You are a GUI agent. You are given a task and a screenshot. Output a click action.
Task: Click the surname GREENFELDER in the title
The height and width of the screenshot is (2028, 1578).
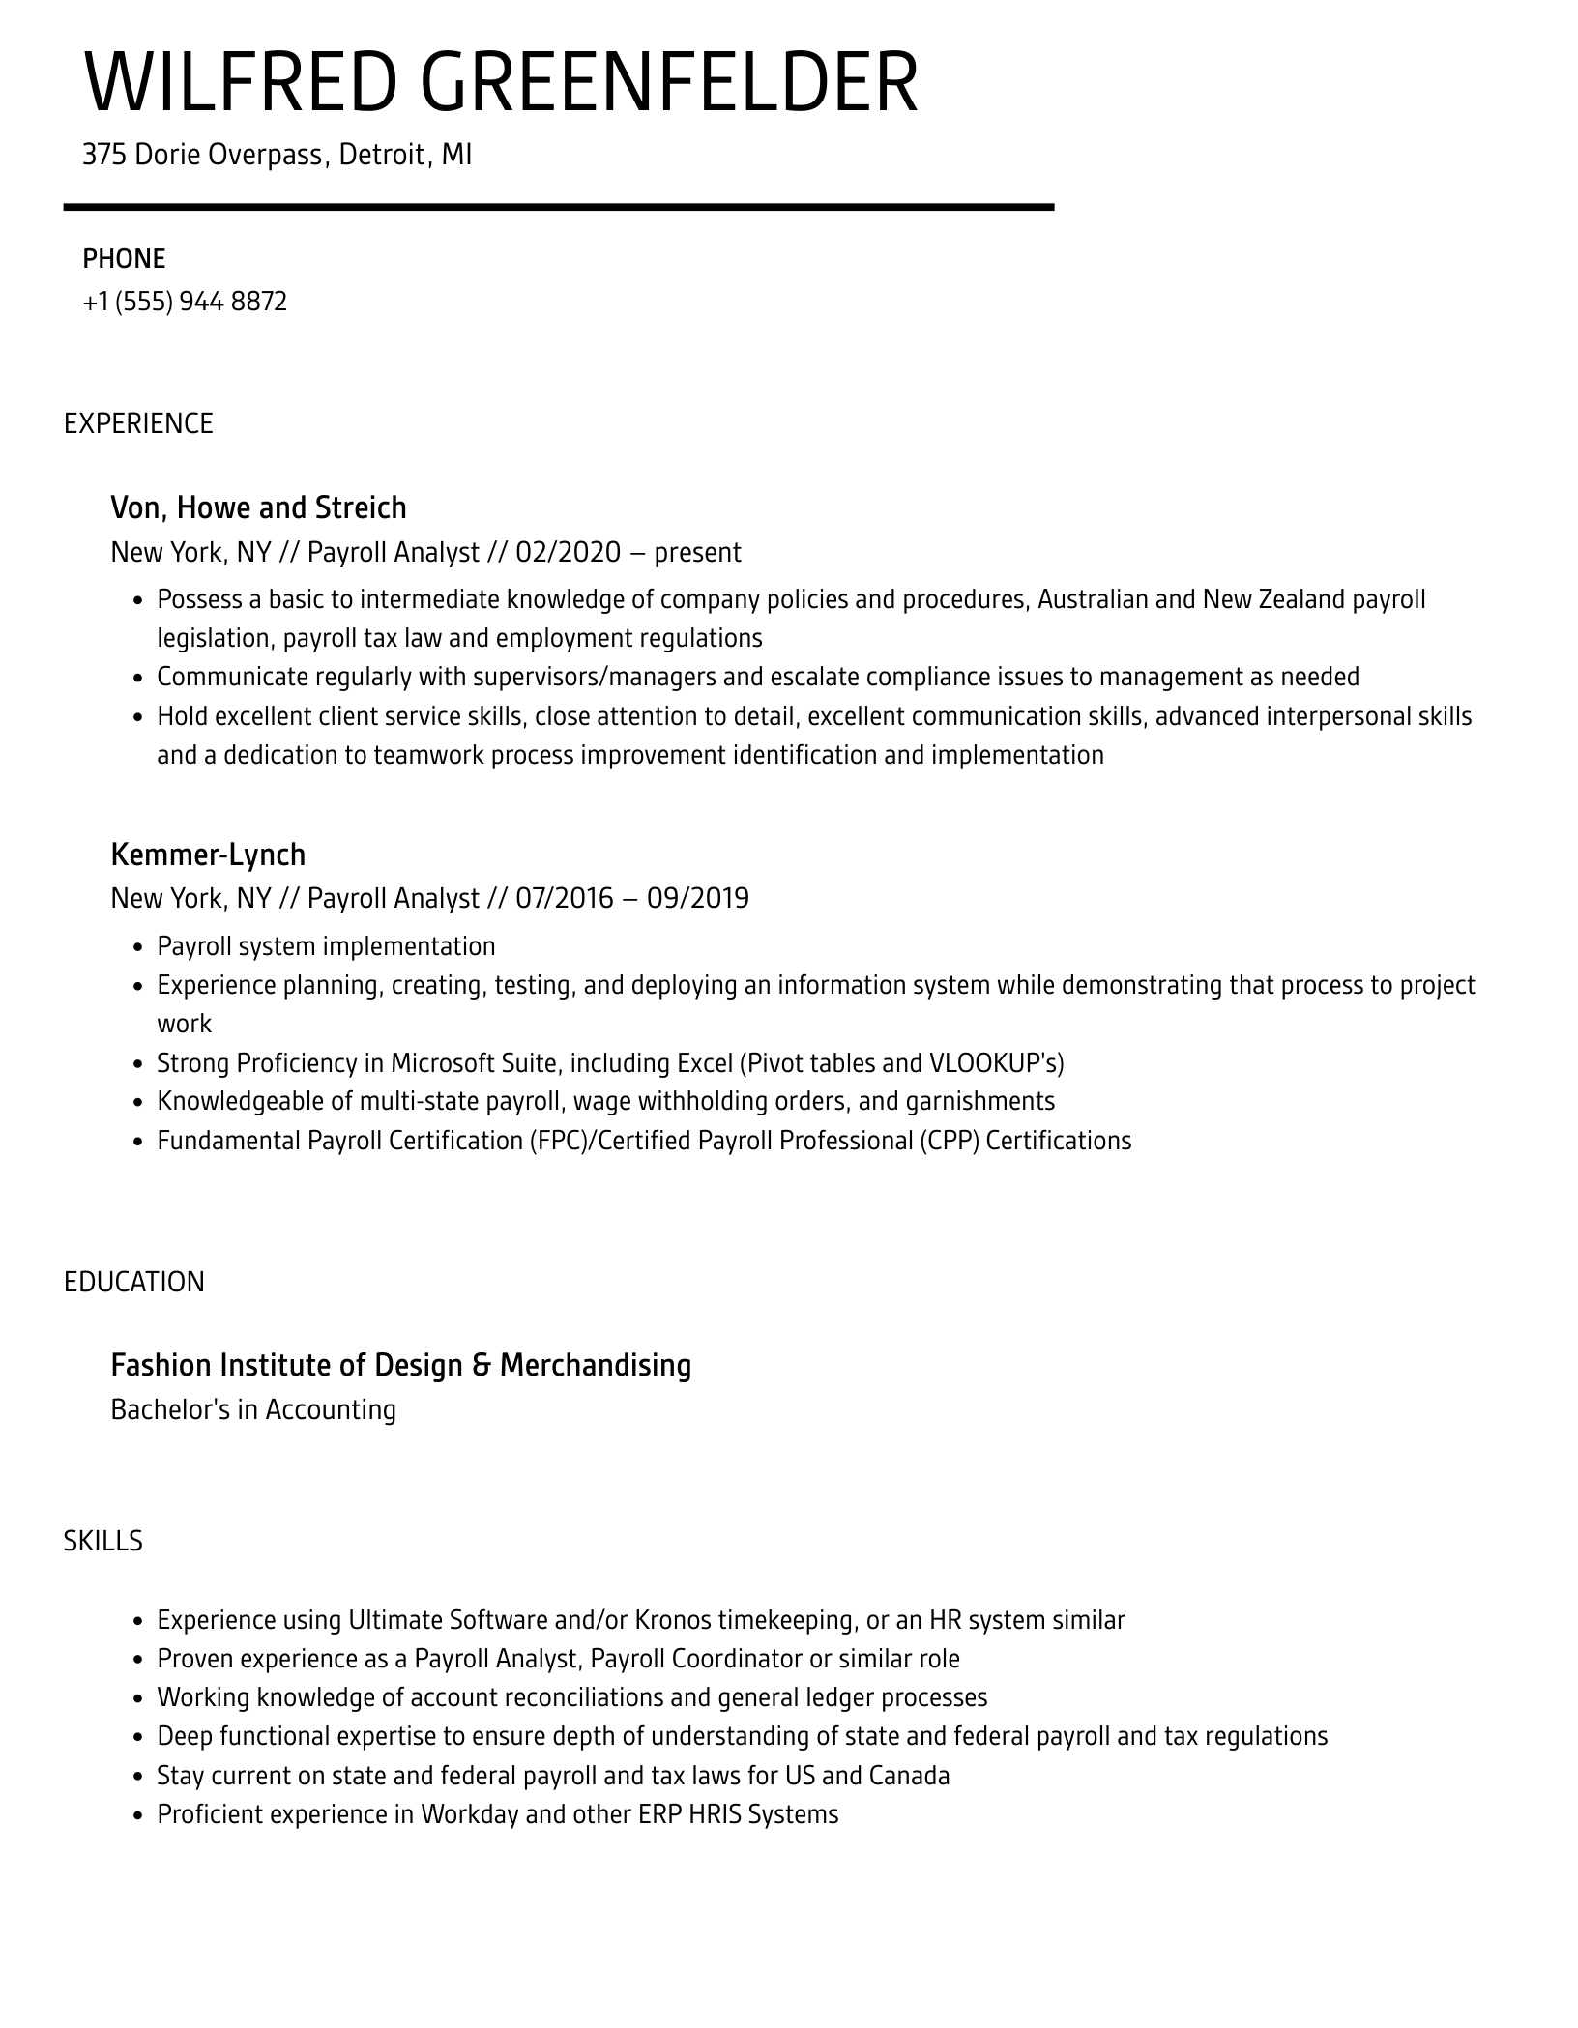pos(669,84)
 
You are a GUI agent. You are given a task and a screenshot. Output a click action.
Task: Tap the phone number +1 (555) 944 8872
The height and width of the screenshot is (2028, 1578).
pos(185,302)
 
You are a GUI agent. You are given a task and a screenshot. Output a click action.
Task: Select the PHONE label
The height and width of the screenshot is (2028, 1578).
pos(124,259)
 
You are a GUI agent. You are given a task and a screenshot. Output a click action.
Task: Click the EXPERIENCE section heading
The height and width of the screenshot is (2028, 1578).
pos(138,423)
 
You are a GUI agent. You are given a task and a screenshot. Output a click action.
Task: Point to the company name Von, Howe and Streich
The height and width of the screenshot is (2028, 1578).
pos(258,507)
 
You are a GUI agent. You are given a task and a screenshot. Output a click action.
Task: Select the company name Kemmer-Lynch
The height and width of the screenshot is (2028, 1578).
pos(208,855)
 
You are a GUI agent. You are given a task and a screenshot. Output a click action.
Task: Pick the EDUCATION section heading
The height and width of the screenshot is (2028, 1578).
pos(134,1282)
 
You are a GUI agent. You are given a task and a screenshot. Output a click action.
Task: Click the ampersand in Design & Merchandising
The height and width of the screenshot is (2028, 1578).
pos(482,1365)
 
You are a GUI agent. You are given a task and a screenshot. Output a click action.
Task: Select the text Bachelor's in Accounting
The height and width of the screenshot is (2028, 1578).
pos(253,1409)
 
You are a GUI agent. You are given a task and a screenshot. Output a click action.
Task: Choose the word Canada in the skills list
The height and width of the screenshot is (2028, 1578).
pos(909,1775)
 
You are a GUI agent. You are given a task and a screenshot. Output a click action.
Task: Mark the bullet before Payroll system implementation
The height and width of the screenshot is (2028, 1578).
pos(137,947)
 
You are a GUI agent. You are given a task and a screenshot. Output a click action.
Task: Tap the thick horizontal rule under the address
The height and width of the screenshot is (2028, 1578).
pos(558,207)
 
